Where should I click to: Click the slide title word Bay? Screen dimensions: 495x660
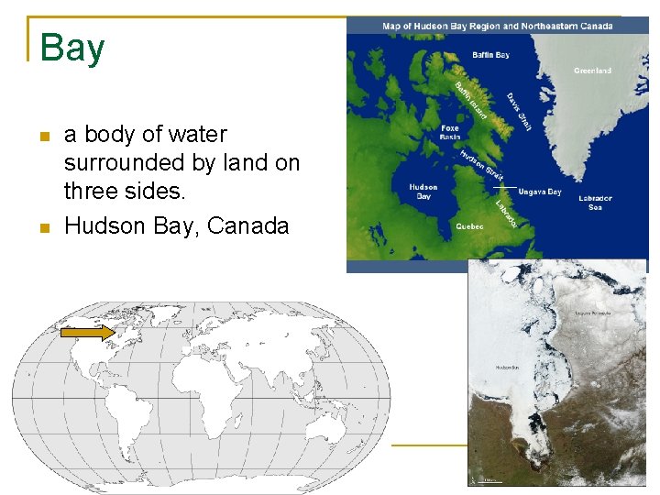(72, 49)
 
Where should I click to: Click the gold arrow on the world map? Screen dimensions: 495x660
(87, 333)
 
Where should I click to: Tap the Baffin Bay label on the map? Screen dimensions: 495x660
(490, 55)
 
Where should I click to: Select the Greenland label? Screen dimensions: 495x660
(592, 71)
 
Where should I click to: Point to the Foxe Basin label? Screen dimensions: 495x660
(450, 132)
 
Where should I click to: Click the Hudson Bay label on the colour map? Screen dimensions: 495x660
(423, 192)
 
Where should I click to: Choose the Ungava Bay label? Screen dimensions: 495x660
(540, 192)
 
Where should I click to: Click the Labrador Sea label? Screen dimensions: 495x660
(595, 202)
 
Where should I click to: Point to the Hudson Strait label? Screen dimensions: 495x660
(482, 164)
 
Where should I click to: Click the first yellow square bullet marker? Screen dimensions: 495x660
(43, 137)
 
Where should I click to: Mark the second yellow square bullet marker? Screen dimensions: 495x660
(43, 228)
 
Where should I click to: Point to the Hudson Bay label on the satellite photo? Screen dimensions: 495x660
(508, 368)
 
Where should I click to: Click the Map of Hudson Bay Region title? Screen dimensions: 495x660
(498, 26)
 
